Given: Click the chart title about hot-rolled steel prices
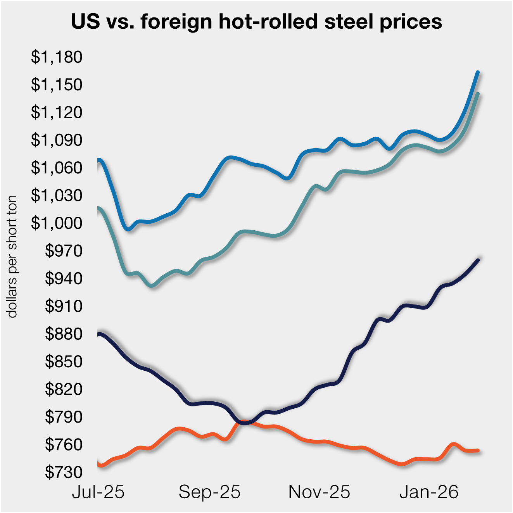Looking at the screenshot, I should click(256, 22).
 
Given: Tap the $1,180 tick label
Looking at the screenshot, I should click(57, 57).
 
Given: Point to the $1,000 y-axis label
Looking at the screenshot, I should click(57, 223).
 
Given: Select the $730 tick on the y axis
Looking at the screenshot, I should click(64, 472).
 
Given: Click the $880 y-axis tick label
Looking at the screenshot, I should click(64, 334).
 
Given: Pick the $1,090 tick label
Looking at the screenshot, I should click(57, 140).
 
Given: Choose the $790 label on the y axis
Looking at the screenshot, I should click(64, 417).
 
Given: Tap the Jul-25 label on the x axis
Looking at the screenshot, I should click(98, 492).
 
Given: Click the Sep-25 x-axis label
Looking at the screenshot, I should click(209, 492).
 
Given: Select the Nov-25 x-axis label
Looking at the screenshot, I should click(319, 492).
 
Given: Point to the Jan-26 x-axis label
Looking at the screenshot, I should click(429, 492).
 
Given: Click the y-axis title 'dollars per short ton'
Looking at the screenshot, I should click(12, 256).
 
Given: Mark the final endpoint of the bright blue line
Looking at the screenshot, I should click(478, 72).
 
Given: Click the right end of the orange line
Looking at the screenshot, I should click(478, 450).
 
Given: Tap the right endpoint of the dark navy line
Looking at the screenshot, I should click(478, 260).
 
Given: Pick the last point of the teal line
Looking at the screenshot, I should click(478, 93).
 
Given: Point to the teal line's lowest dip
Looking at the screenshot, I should click(152, 286).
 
